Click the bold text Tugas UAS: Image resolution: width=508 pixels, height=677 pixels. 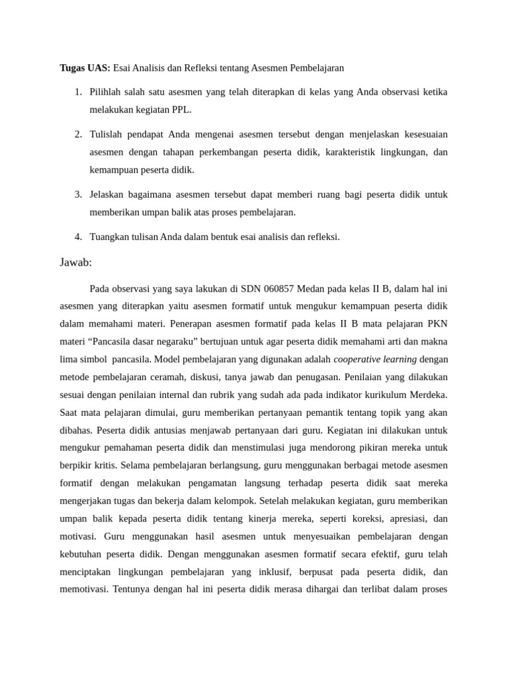click(85, 67)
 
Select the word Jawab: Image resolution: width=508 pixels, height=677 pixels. click(75, 262)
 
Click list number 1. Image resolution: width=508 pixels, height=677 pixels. click(77, 91)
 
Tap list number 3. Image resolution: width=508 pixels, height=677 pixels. click(77, 194)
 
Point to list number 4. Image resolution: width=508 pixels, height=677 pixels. click(77, 237)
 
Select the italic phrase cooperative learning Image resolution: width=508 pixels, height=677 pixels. click(375, 359)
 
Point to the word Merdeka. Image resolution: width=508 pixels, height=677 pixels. click(428, 395)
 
